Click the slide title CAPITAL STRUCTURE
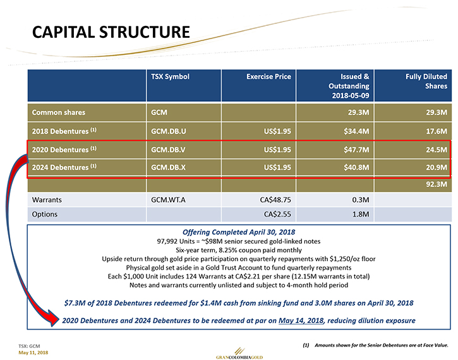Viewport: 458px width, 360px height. click(x=111, y=32)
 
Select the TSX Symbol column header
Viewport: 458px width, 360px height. click(x=170, y=76)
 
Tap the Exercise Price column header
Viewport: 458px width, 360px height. click(x=268, y=76)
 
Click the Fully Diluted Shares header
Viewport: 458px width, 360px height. click(x=426, y=81)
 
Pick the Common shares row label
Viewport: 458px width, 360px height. click(x=59, y=112)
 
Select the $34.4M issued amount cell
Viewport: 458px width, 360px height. click(x=356, y=131)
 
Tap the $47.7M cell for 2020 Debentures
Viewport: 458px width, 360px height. click(x=356, y=150)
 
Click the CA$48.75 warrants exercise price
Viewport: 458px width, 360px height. click(x=275, y=200)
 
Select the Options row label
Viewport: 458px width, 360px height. click(x=45, y=214)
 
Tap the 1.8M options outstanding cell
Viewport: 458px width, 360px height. click(x=361, y=214)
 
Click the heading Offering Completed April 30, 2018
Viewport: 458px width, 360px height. click(x=239, y=232)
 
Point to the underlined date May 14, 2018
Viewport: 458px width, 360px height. click(x=301, y=321)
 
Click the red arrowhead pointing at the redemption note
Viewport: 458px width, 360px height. click(x=53, y=318)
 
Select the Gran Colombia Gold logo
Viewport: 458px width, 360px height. click(x=239, y=354)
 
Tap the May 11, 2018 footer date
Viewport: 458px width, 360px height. click(x=33, y=352)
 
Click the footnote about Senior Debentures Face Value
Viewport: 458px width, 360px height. click(x=375, y=345)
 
